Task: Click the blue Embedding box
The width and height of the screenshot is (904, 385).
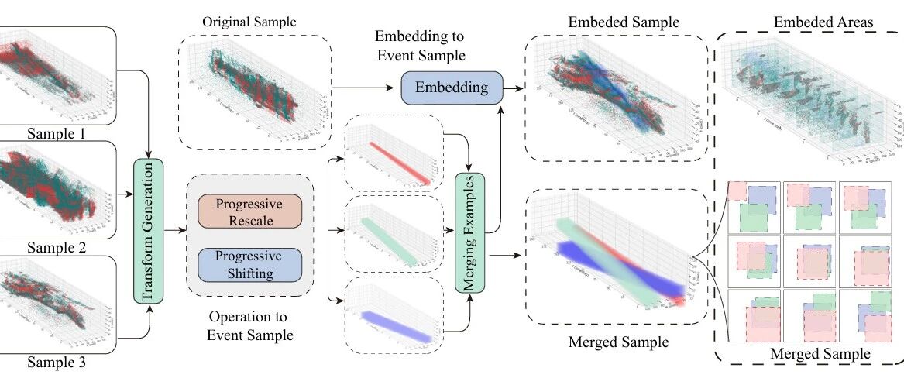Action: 452,88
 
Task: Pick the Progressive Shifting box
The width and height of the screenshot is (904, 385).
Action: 249,263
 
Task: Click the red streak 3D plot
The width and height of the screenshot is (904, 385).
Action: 393,153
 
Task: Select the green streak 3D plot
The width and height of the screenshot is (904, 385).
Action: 393,230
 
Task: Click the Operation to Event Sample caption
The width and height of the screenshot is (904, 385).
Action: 249,326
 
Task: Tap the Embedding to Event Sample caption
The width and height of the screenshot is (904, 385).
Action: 419,46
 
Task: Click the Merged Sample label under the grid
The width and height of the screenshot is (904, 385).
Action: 820,355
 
